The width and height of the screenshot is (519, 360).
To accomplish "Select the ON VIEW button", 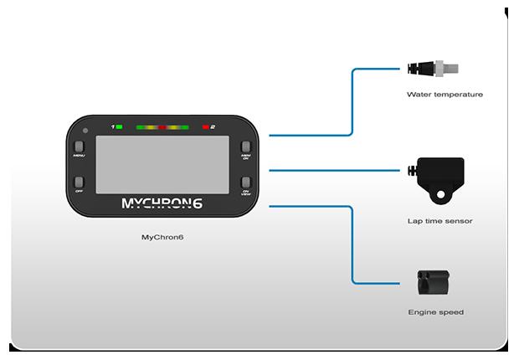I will (246, 183).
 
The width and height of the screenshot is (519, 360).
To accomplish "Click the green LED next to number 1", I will (120, 126).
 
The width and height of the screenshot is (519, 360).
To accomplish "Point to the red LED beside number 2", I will (205, 126).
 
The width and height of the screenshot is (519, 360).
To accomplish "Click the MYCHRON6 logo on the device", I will (162, 203).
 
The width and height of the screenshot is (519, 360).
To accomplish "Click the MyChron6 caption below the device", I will (162, 238).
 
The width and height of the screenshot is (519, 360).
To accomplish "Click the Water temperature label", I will (444, 95).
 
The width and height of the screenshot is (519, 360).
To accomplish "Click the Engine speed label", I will (435, 312).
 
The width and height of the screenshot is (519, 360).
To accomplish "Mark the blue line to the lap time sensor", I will (335, 170).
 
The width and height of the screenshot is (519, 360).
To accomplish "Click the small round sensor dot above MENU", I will (85, 131).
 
